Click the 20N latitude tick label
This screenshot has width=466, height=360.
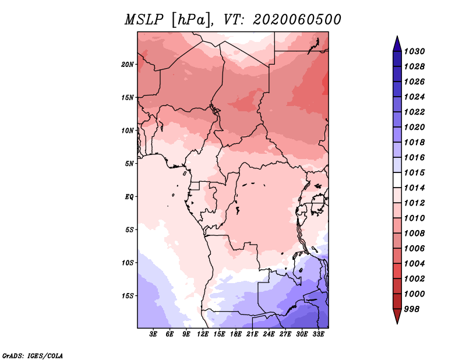[x=127, y=65]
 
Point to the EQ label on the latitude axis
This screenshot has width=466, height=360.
[x=129, y=197]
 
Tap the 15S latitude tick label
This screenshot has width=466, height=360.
[x=127, y=296]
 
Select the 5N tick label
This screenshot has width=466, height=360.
[x=129, y=164]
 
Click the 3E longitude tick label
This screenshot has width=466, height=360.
[x=153, y=334]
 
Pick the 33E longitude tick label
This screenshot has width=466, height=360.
[x=318, y=334]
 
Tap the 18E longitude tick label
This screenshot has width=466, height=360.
[x=236, y=334]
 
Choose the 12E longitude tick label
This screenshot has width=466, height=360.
[x=203, y=334]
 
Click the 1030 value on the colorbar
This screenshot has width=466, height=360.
[x=414, y=51]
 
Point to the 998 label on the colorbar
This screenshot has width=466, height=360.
[x=412, y=309]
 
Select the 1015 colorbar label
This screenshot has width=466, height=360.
[x=414, y=172]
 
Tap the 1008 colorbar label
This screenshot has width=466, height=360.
[x=414, y=234]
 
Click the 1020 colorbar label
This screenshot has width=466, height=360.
[x=414, y=127]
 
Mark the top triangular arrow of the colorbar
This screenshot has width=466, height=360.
[x=397, y=44]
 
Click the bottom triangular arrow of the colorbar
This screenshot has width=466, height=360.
[x=397, y=316]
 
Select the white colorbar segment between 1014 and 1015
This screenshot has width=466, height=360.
[x=397, y=180]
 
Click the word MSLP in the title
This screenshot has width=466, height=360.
[x=144, y=20]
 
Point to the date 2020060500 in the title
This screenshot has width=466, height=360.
[x=297, y=20]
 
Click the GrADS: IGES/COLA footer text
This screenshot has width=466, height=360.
[x=33, y=355]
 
